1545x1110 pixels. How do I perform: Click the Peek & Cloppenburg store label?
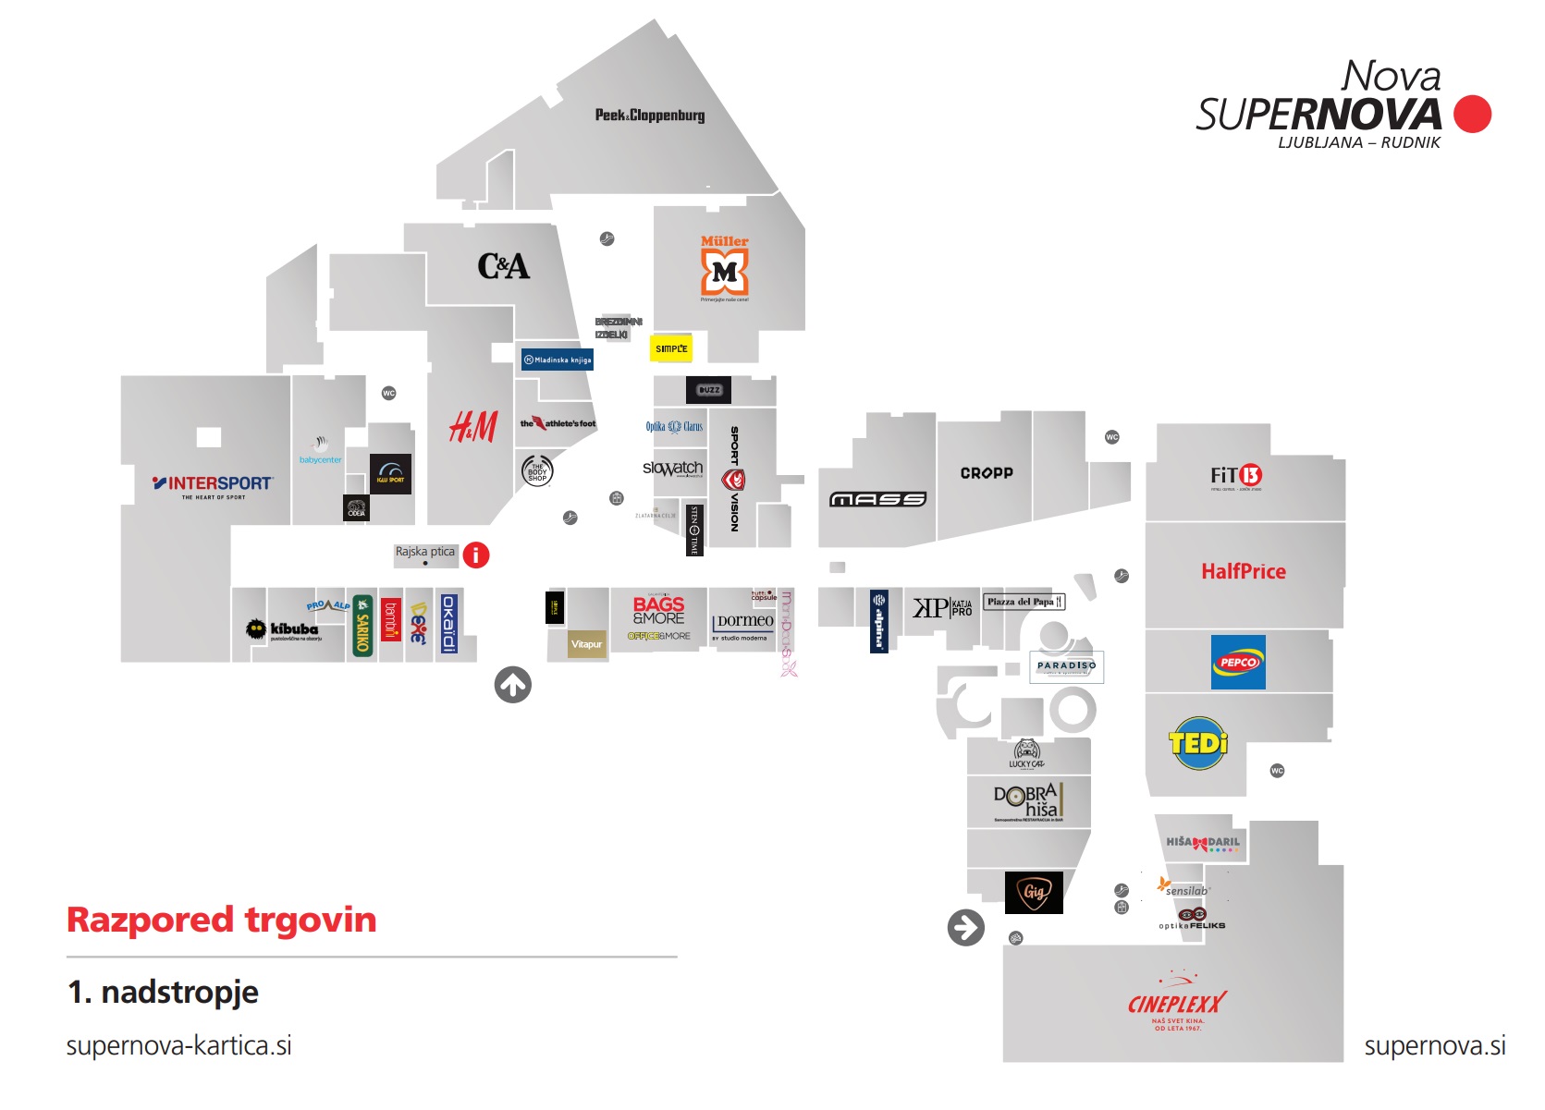pos(649,116)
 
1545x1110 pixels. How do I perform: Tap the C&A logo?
pos(503,266)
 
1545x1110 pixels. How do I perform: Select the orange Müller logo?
pos(725,268)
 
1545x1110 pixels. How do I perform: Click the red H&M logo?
pos(473,427)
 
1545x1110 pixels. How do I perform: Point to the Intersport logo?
pos(213,484)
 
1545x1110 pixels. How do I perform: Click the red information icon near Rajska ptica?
pos(476,555)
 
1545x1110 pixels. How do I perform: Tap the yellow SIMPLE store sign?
pos(671,348)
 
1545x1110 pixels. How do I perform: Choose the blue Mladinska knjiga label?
pos(557,360)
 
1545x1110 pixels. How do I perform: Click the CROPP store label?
pos(987,473)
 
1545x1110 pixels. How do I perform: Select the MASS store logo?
pos(877,499)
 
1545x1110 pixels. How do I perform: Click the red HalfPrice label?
pos(1244,571)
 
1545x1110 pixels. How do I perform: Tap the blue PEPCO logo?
pos(1238,662)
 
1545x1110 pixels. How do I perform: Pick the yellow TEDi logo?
pos(1198,743)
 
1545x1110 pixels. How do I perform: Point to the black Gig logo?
pos(1034,893)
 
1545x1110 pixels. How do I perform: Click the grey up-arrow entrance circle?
pos(513,685)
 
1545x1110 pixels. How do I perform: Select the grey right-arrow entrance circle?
pos(966,927)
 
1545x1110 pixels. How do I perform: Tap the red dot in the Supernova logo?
pos(1472,114)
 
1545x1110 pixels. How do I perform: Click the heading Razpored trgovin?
pos(222,920)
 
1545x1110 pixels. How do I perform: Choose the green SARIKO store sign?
pos(363,626)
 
